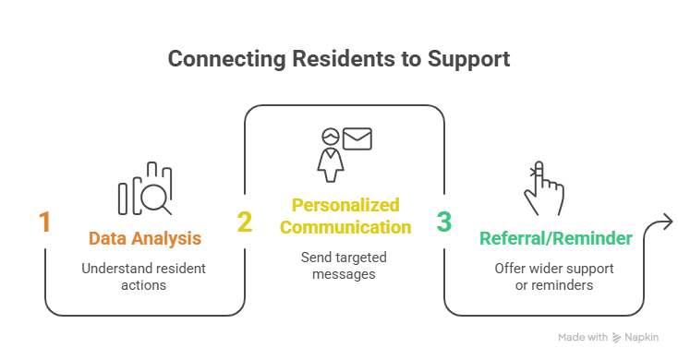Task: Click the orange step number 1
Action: click(x=45, y=222)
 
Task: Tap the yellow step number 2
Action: click(x=245, y=222)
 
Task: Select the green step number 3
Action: click(x=444, y=222)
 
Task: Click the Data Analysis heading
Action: click(x=145, y=238)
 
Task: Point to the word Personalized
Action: click(x=345, y=205)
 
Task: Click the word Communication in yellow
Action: click(x=345, y=227)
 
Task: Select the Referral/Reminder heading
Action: click(x=556, y=238)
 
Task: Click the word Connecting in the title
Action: click(x=227, y=59)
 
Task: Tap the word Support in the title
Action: click(x=468, y=59)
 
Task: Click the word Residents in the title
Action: click(x=344, y=58)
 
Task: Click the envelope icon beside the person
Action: click(x=357, y=138)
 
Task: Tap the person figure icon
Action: click(x=331, y=155)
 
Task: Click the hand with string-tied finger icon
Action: click(x=544, y=188)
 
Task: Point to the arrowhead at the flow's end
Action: click(x=668, y=222)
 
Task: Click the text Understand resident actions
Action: click(x=143, y=277)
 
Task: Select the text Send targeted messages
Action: click(x=344, y=265)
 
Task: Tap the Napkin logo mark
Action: click(x=617, y=338)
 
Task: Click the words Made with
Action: click(x=583, y=337)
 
